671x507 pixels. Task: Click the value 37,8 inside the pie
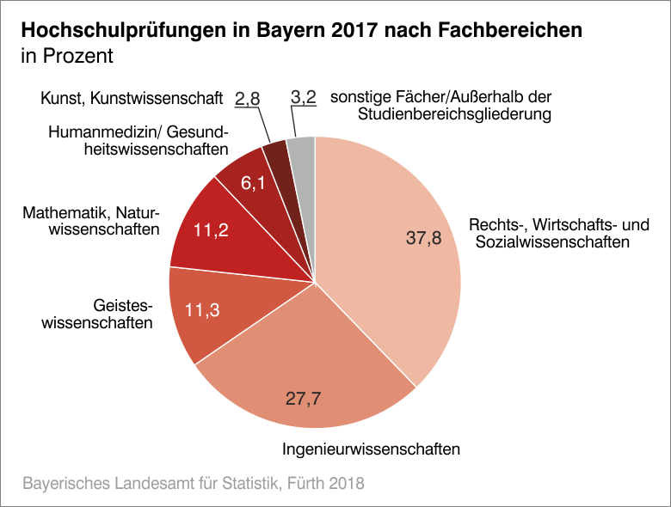point(423,239)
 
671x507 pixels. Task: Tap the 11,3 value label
point(203,311)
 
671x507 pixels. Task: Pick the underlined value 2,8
point(248,99)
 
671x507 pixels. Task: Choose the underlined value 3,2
point(305,98)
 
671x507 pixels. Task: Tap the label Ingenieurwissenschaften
point(372,449)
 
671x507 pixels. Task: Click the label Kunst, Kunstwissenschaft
point(132,99)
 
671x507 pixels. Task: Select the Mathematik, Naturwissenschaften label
point(92,221)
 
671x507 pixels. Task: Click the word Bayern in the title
point(292,31)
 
